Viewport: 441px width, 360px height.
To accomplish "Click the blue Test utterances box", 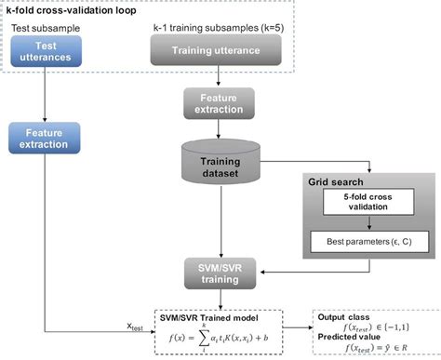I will [45, 52].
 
